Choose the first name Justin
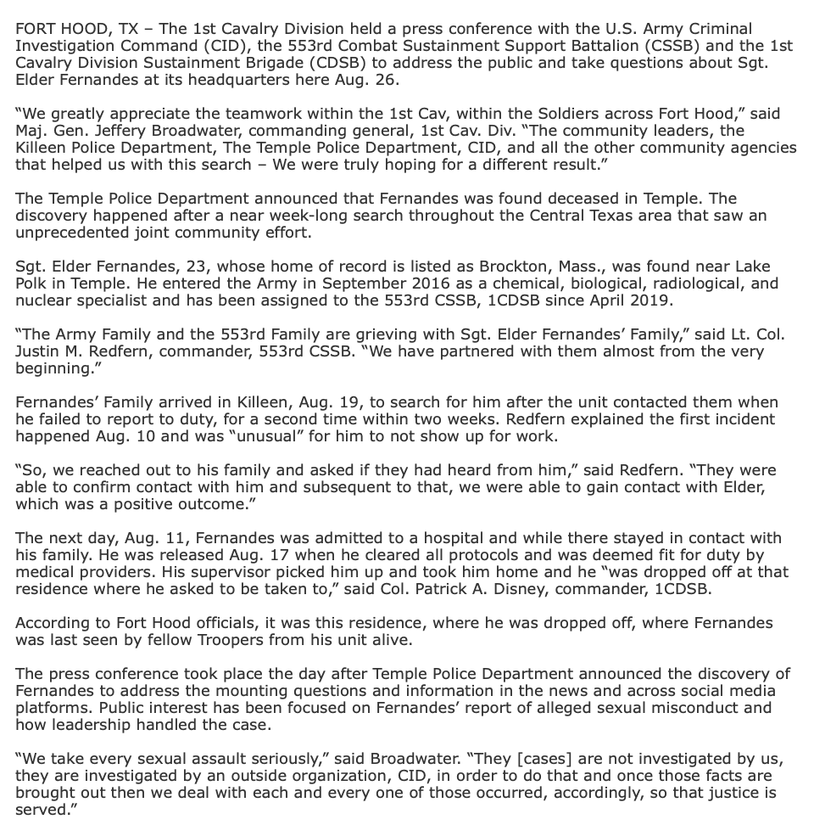click(39, 351)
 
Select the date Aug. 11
click(160, 538)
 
